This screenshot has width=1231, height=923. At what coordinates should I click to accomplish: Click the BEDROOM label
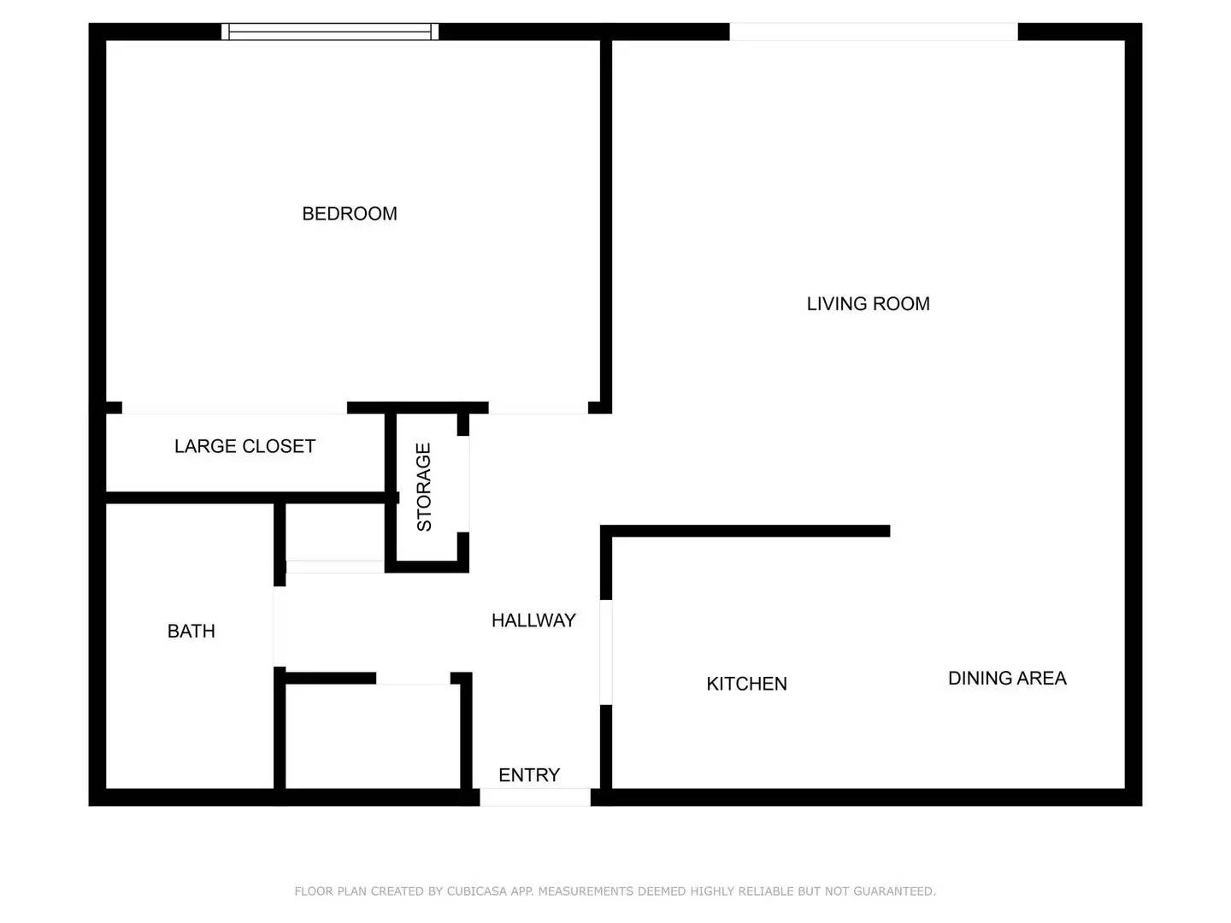(x=350, y=214)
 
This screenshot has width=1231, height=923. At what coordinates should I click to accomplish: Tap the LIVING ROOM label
(x=868, y=303)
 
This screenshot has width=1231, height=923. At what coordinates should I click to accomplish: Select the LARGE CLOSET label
(x=244, y=446)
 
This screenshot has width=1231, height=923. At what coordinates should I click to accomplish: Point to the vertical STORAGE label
(x=424, y=487)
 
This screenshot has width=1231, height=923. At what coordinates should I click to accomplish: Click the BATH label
(x=191, y=632)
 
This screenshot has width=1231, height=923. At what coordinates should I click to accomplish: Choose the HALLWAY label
(x=533, y=620)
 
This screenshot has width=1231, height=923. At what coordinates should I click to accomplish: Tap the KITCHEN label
(x=746, y=684)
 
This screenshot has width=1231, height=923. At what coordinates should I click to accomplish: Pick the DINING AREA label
(x=1007, y=679)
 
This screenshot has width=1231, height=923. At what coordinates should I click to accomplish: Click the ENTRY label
(x=529, y=775)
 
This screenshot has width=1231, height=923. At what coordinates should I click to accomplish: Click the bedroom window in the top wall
(x=330, y=32)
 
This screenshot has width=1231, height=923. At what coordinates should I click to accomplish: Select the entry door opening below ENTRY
(x=534, y=797)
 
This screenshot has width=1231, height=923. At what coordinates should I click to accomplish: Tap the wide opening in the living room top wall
(x=873, y=32)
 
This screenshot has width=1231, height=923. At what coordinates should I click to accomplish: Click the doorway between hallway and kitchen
(x=605, y=652)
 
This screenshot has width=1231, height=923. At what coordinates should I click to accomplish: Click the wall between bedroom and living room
(x=605, y=222)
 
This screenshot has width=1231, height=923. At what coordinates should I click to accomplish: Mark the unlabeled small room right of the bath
(x=372, y=735)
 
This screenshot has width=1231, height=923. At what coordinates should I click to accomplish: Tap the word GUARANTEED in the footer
(x=892, y=891)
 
